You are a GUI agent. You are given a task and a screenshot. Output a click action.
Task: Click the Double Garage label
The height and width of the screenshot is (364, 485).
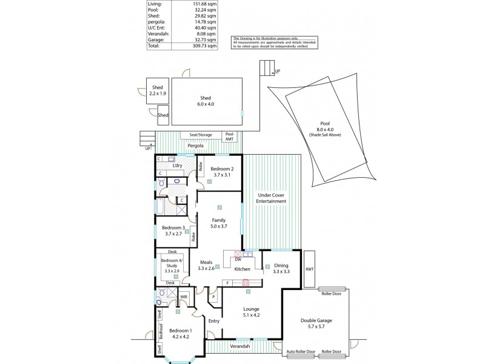tap(315, 323)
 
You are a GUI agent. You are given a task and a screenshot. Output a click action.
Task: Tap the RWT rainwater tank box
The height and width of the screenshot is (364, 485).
tap(309, 269)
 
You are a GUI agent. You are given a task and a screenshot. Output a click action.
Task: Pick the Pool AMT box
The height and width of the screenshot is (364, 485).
tap(229, 136)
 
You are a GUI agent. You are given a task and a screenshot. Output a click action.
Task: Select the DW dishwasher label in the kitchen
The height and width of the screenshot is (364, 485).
tap(238, 259)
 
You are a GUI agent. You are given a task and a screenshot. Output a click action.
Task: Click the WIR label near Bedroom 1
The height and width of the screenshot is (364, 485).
tap(182, 297)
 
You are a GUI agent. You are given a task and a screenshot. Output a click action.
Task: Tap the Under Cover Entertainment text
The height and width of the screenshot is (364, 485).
tap(271, 198)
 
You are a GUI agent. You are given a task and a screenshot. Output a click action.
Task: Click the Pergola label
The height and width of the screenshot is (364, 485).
tap(195, 146)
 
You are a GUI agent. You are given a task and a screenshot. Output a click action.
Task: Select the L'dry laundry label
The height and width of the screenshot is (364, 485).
tap(178, 166)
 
